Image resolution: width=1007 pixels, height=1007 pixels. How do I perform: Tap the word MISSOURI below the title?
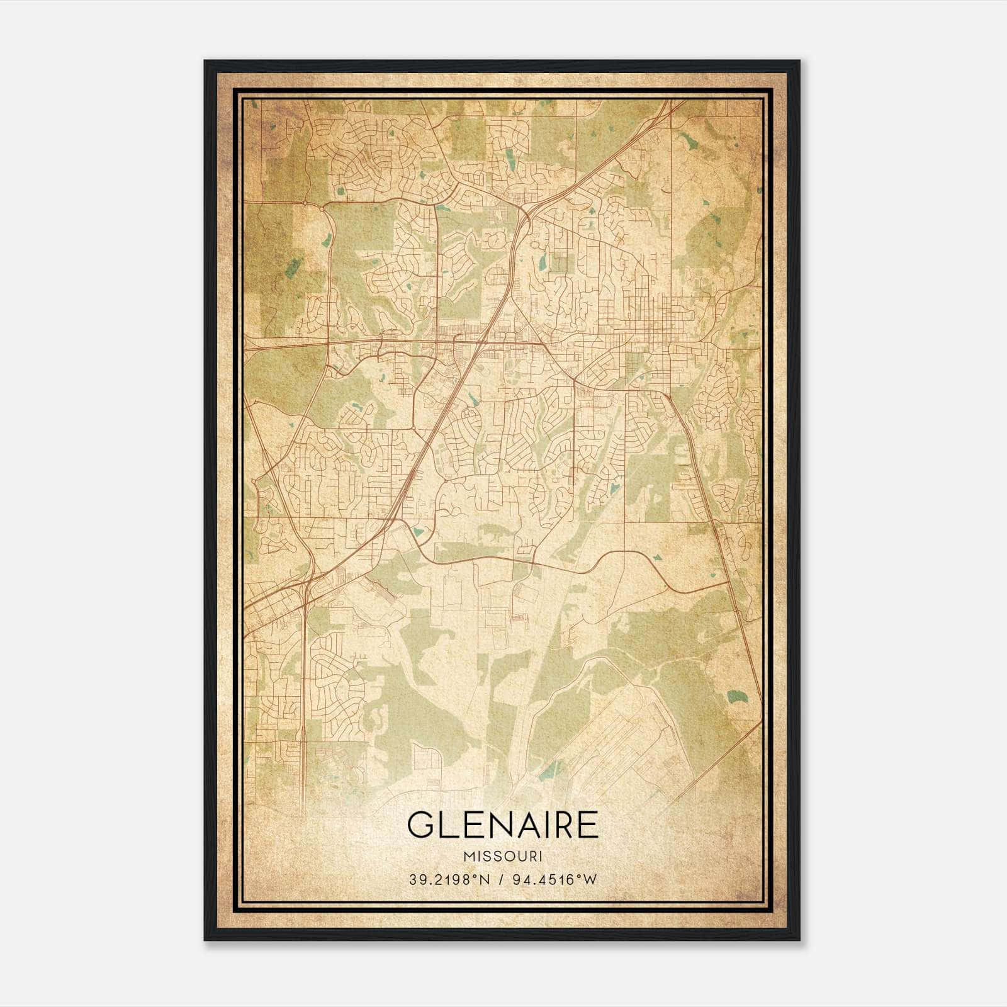[x=503, y=857]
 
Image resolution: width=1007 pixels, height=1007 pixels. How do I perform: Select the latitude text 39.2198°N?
[x=448, y=880]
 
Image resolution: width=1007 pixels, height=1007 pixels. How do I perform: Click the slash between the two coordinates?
[x=502, y=880]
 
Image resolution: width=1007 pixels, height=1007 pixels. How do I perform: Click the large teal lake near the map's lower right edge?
[x=734, y=697]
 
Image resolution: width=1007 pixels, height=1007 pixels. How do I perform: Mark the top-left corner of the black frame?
[x=205, y=61]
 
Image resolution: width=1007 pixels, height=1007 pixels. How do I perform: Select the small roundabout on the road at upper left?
[x=305, y=203]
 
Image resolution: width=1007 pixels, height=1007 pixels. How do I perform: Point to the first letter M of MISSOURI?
[x=468, y=857]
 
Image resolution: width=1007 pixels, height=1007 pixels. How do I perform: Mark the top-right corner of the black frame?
[x=799, y=61]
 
